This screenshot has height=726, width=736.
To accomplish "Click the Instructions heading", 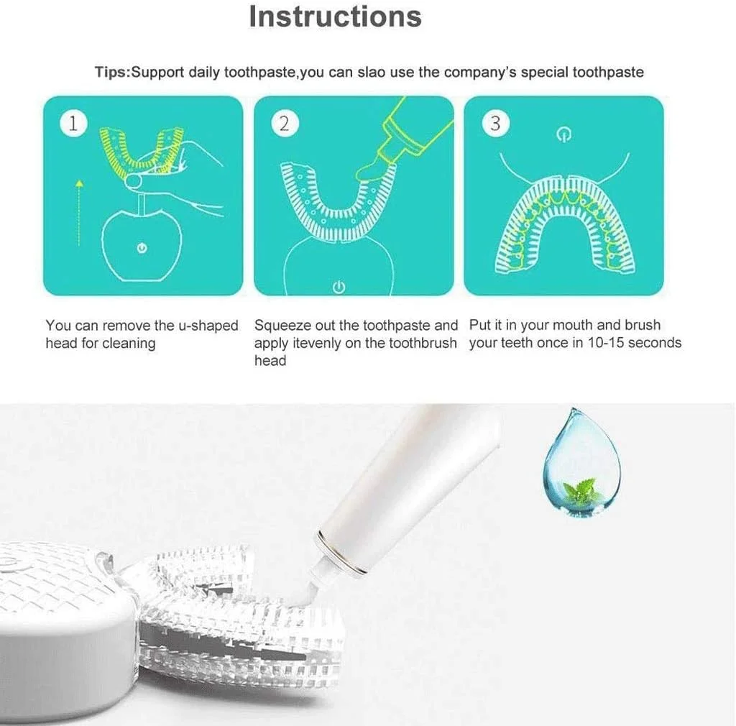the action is coord(335,17).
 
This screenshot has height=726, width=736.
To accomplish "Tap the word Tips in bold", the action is coord(111,73).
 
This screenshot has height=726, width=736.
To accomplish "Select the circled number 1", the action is coord(74,123).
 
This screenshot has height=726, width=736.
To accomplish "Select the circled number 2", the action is coord(285,124).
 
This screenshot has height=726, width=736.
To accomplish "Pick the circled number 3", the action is coord(495,124).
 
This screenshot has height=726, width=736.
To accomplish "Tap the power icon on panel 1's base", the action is coord(142,248).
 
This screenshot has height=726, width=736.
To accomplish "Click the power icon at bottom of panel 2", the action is coord(339,287).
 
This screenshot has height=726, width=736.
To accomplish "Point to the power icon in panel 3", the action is coord(563,135).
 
